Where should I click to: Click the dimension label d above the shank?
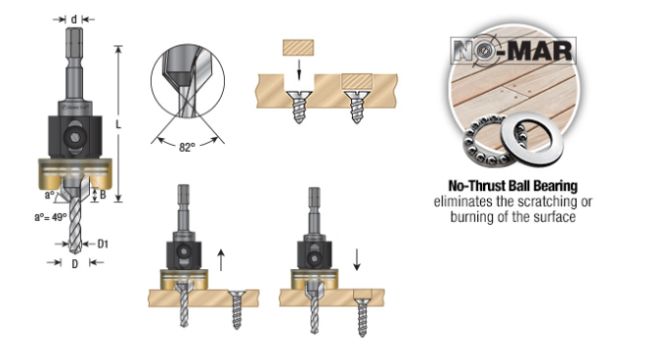[74, 20]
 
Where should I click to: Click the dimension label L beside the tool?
[118, 124]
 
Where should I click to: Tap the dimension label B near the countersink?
[103, 195]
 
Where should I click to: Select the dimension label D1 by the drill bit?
[103, 244]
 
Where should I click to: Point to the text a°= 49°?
[50, 217]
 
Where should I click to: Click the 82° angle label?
[187, 147]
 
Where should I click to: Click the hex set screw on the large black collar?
[74, 137]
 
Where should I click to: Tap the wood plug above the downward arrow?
[298, 47]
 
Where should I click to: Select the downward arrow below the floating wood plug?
[299, 69]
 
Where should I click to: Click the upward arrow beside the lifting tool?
[220, 260]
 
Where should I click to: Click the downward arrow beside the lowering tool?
[357, 259]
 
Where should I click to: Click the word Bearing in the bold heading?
[555, 186]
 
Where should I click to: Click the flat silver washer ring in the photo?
[531, 137]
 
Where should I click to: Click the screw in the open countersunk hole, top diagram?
[299, 107]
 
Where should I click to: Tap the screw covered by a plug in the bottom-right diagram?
[362, 317]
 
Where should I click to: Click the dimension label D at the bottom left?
[74, 264]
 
